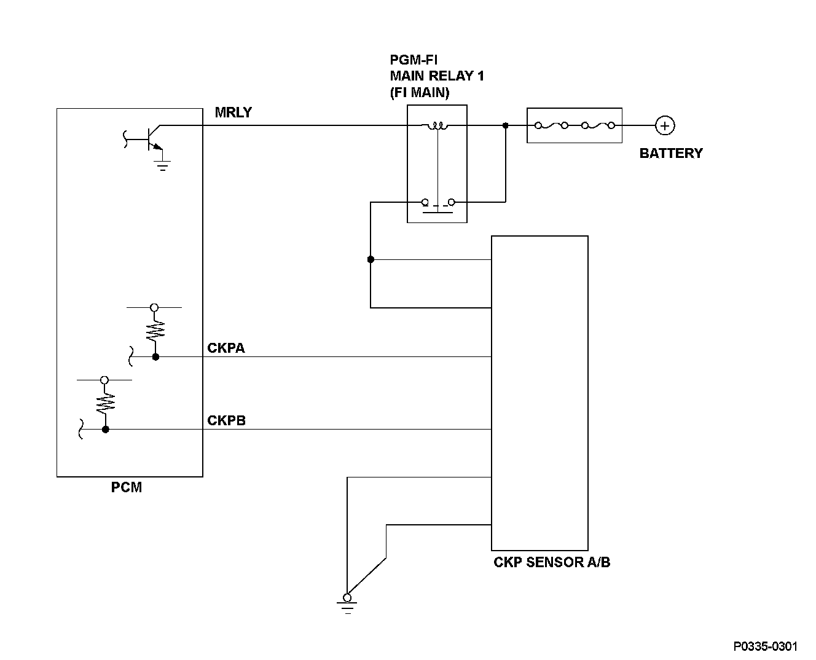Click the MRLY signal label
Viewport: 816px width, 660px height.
click(x=233, y=112)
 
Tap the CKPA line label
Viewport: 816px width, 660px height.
click(x=226, y=348)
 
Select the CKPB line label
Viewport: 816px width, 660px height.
click(x=226, y=420)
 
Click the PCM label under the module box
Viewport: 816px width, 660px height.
click(x=127, y=487)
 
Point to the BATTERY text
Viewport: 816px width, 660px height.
click(x=671, y=153)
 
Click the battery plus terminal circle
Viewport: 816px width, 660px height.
click(x=665, y=125)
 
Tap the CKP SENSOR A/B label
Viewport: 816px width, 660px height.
click(x=552, y=562)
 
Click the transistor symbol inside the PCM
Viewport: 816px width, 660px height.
click(x=153, y=139)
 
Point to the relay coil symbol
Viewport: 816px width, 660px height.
click(x=437, y=125)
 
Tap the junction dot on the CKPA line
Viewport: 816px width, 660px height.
click(x=155, y=357)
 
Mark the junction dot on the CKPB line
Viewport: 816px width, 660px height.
click(x=105, y=430)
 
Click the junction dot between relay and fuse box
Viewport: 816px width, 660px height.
click(x=505, y=125)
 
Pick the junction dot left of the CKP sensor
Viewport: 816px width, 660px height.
click(x=371, y=259)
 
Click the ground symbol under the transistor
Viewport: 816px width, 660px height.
click(x=162, y=165)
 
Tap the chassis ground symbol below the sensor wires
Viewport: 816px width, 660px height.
click(x=347, y=603)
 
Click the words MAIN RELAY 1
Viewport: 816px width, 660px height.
click(x=437, y=76)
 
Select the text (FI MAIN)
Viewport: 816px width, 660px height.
click(x=420, y=92)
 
